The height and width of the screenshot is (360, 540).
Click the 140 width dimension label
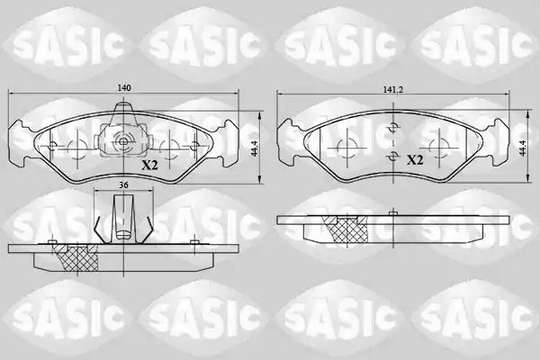click(x=124, y=88)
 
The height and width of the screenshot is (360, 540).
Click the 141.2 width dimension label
click(x=393, y=90)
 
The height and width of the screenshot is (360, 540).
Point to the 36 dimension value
click(x=123, y=185)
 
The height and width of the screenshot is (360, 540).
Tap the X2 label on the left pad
click(x=150, y=166)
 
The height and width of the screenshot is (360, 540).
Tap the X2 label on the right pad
click(x=415, y=160)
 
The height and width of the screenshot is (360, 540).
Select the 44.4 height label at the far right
click(x=524, y=148)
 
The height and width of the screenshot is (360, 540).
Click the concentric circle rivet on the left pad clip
click(x=123, y=141)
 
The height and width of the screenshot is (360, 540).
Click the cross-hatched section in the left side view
click(x=78, y=257)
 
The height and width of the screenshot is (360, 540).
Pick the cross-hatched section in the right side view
click(x=346, y=229)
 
